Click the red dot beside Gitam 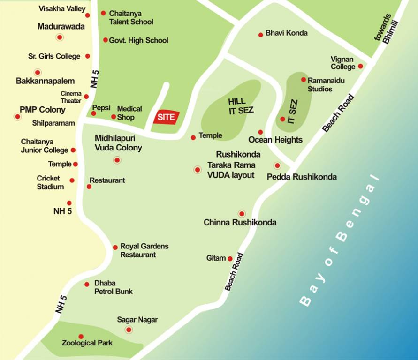click(230, 259)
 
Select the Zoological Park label click(87, 343)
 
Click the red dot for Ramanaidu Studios click(304, 80)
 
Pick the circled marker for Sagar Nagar click(129, 330)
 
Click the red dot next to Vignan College click(360, 66)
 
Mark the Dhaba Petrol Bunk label click(113, 287)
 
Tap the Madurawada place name click(61, 26)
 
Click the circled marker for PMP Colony click(18, 116)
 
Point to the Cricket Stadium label click(50, 182)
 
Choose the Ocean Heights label click(275, 140)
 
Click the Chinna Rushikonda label click(240, 223)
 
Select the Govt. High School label click(138, 40)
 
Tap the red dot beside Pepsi click(93, 113)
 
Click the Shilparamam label click(53, 123)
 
